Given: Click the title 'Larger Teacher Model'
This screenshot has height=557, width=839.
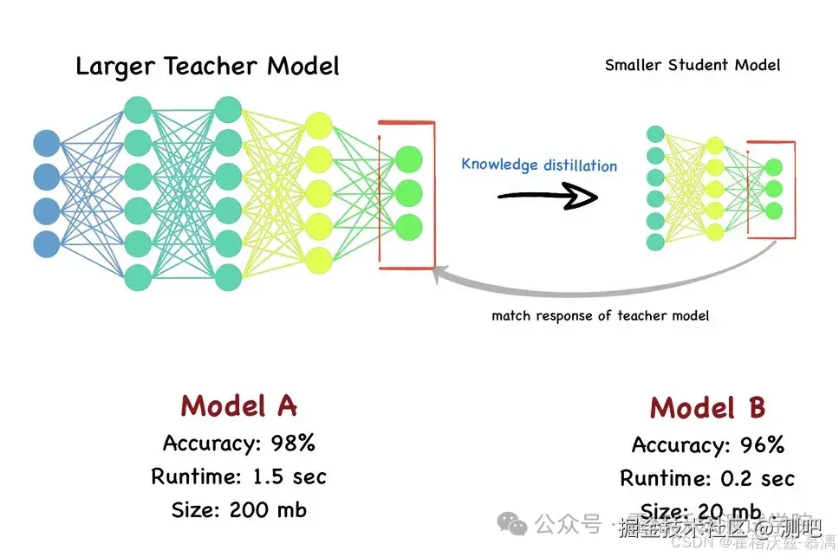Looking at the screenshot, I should point(207,66).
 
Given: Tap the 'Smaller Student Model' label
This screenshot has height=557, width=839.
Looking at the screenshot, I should point(692,65).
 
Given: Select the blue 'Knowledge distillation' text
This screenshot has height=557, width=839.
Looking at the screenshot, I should point(539,165).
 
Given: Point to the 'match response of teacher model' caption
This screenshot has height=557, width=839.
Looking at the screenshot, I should point(600,315).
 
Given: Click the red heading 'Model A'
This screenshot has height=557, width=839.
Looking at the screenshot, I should point(238,405).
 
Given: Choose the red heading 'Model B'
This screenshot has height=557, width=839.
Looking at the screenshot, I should point(707,407).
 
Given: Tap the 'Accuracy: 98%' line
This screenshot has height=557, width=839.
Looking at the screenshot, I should point(238,444).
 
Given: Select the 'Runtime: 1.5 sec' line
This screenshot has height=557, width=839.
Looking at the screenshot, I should point(238,476).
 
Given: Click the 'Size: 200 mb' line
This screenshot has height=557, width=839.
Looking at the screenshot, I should point(238,509).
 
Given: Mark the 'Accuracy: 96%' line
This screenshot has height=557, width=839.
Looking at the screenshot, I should point(707,445).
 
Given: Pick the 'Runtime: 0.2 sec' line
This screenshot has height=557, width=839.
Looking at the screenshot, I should point(707,478).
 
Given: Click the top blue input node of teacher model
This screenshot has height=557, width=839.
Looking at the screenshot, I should point(47,144).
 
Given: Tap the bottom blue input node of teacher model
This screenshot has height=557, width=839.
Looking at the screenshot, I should point(47,243).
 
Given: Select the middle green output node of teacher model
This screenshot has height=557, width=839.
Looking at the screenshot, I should point(408,192).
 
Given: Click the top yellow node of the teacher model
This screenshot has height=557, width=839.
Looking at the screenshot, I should point(319,124).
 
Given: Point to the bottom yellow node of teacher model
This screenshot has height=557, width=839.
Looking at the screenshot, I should point(319,259).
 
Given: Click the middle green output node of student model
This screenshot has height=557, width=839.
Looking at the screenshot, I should point(773,188).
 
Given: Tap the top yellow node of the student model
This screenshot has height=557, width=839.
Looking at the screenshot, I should point(714,145).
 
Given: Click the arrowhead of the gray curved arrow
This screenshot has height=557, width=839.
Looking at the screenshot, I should point(441,274).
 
